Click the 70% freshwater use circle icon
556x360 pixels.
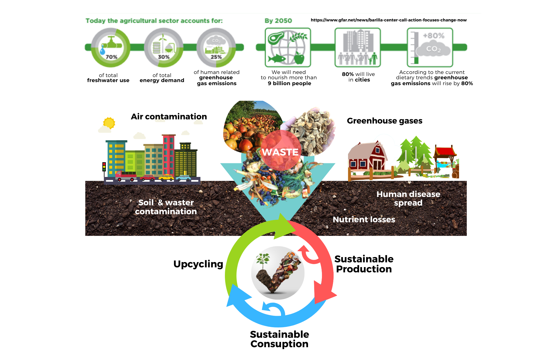[x=111, y=48]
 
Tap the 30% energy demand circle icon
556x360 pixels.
[x=163, y=48]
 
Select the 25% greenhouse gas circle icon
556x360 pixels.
[x=216, y=48]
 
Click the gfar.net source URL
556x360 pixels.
[x=388, y=20]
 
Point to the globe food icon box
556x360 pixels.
[x=288, y=47]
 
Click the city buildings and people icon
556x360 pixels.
[x=358, y=47]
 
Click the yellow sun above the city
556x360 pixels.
[x=109, y=123]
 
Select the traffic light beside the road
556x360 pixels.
[x=104, y=167]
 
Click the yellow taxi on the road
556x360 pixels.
[x=166, y=177]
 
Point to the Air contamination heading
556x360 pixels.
[x=169, y=116]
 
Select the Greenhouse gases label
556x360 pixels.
[x=384, y=121]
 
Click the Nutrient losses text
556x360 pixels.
[x=364, y=220]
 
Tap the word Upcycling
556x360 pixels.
[x=198, y=264]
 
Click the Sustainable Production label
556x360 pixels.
[x=364, y=264]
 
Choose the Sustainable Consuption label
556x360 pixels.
[x=279, y=339]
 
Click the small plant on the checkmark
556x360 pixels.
[x=262, y=260]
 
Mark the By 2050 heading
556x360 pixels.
[x=278, y=21]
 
